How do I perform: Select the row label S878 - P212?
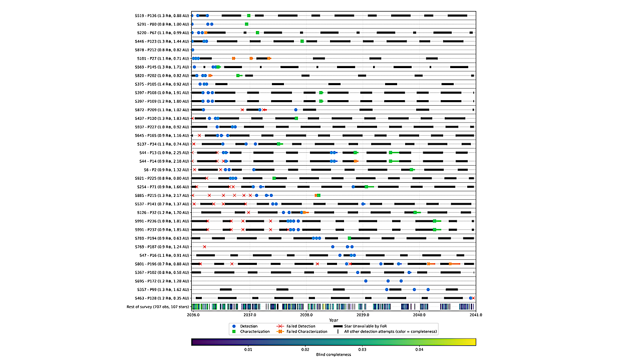click(163, 50)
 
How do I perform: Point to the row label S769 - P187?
click(163, 247)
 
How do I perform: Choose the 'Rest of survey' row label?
click(158, 306)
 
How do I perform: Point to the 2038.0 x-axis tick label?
click(306, 315)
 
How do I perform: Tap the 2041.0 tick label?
click(476, 315)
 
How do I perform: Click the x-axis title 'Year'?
click(334, 320)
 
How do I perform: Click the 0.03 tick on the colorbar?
click(362, 349)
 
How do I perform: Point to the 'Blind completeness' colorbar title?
click(334, 354)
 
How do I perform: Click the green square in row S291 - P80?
click(246, 24)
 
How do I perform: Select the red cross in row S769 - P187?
click(204, 247)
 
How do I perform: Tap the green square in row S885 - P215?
click(318, 195)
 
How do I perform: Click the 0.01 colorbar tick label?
click(248, 349)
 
